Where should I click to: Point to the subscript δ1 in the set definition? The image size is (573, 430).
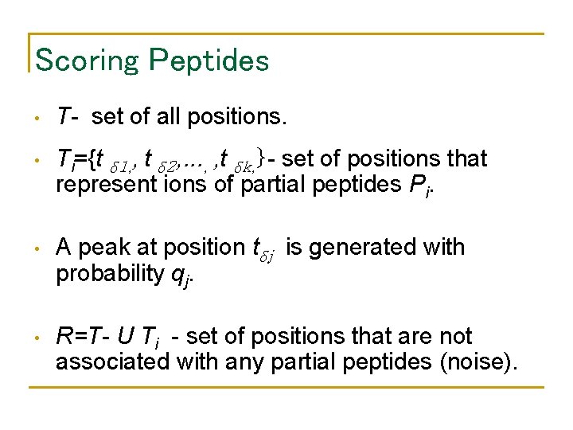pyautogui.click(x=122, y=163)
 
